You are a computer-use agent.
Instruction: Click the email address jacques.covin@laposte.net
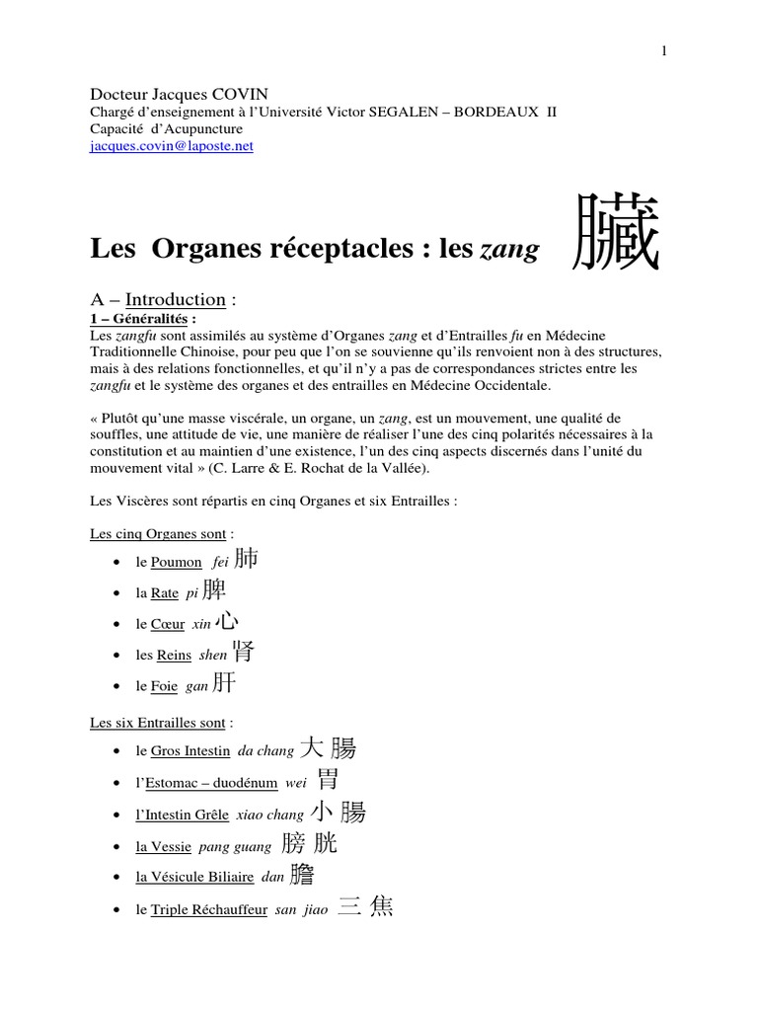pyautogui.click(x=172, y=145)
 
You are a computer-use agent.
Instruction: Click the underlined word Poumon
pyautogui.click(x=176, y=562)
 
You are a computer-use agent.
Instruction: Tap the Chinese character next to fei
pyautogui.click(x=247, y=559)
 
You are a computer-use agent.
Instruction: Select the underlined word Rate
pyautogui.click(x=164, y=593)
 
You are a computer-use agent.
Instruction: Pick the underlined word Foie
pyautogui.click(x=166, y=686)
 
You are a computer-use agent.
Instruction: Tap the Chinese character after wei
pyautogui.click(x=328, y=780)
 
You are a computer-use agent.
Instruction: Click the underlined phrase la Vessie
pyautogui.click(x=164, y=846)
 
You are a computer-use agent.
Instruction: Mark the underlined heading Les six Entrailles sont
pyautogui.click(x=158, y=723)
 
